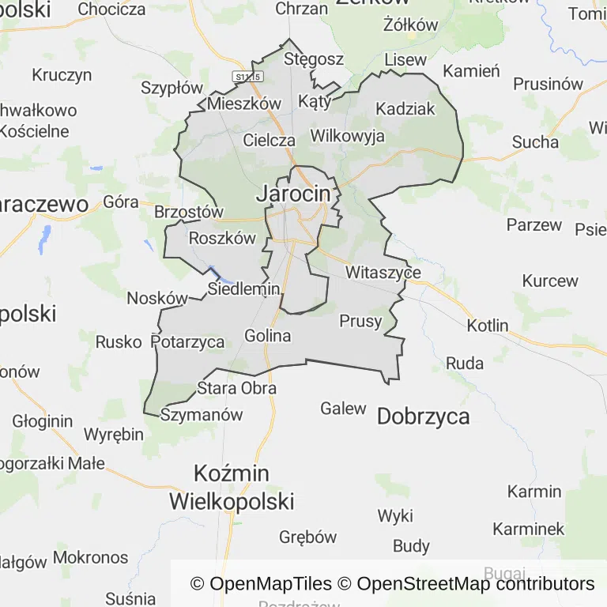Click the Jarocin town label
(x=293, y=193)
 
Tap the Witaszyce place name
(x=383, y=273)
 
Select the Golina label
(x=268, y=336)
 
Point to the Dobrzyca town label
(x=424, y=417)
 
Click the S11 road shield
(x=247, y=75)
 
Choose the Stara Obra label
(x=237, y=388)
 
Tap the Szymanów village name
(x=202, y=414)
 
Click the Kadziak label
(x=405, y=109)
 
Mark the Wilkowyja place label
(x=348, y=136)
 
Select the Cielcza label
(x=270, y=141)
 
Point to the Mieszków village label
(x=244, y=104)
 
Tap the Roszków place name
(x=223, y=238)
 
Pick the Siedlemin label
(x=244, y=289)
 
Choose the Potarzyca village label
(x=187, y=342)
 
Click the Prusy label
(x=360, y=321)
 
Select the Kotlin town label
(x=488, y=326)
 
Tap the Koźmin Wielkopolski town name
(x=232, y=487)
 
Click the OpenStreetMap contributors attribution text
(x=476, y=584)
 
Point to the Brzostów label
(x=189, y=213)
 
